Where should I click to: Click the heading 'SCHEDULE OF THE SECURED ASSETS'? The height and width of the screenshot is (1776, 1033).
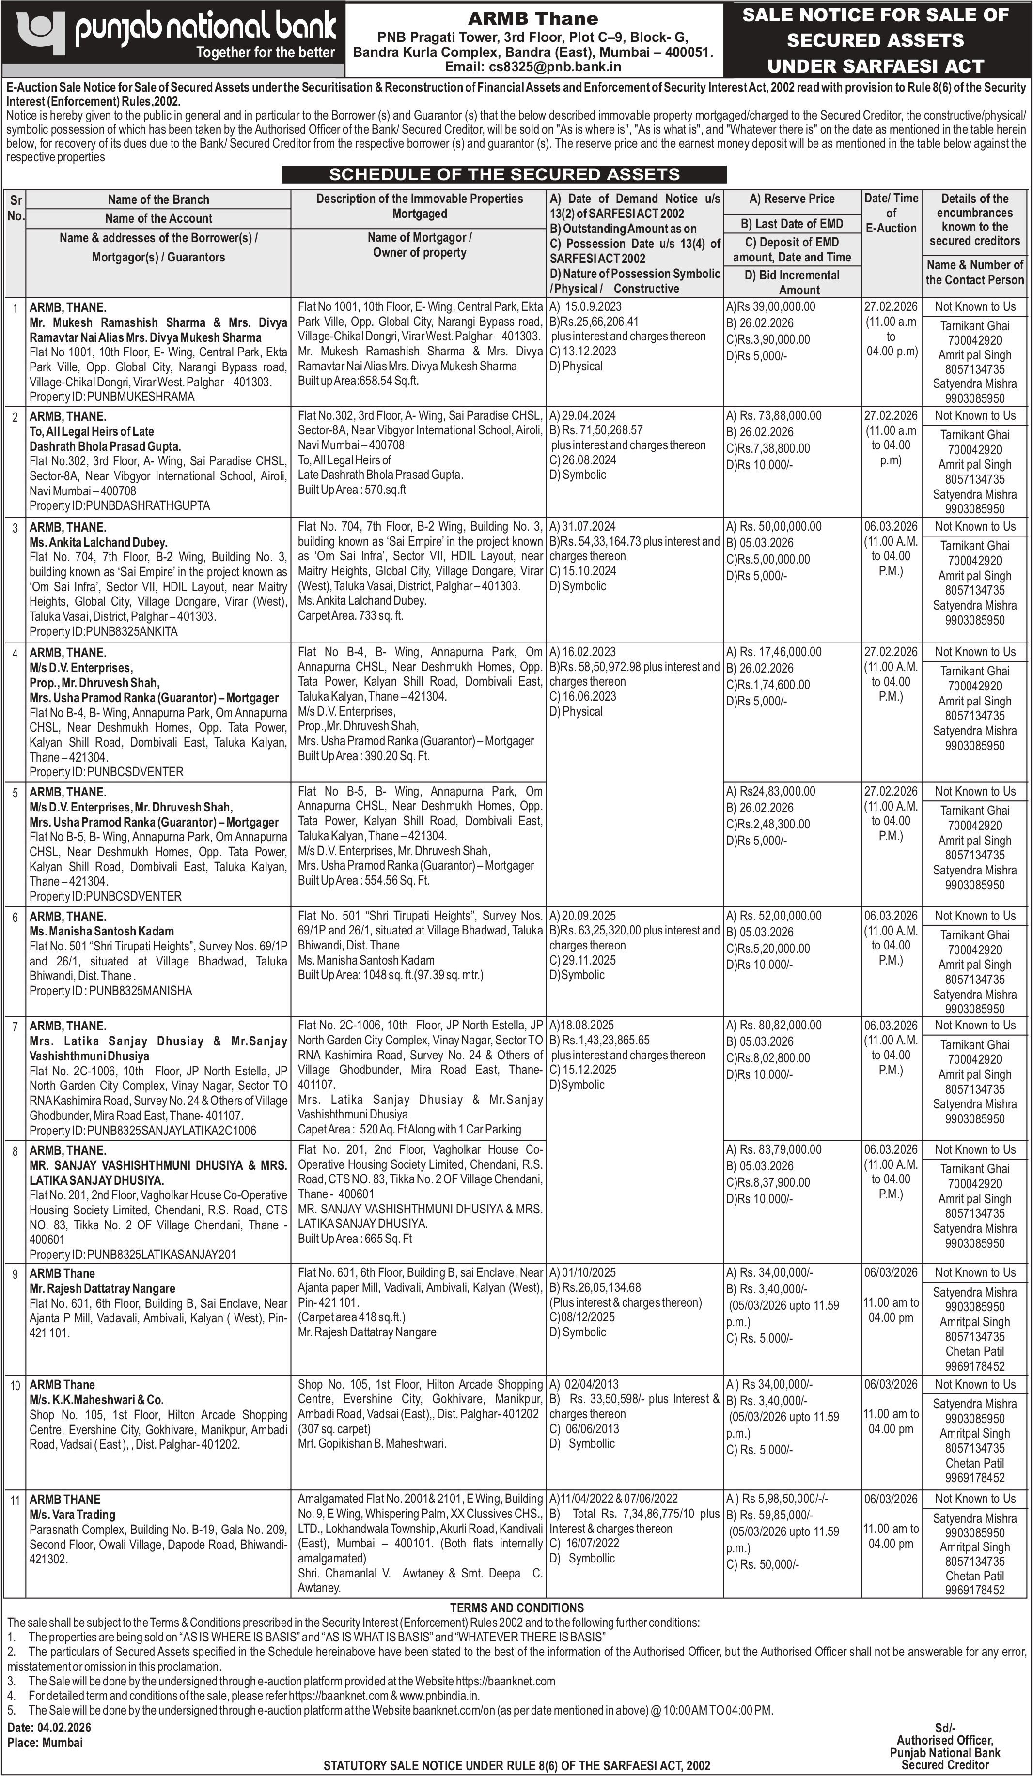pyautogui.click(x=504, y=175)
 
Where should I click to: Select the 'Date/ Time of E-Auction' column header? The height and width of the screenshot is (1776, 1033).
pyautogui.click(x=891, y=213)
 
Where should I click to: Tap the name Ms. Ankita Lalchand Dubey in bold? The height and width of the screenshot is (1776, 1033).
pyautogui.click(x=98, y=542)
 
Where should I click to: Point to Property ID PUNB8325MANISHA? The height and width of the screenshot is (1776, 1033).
pyautogui.click(x=110, y=990)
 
